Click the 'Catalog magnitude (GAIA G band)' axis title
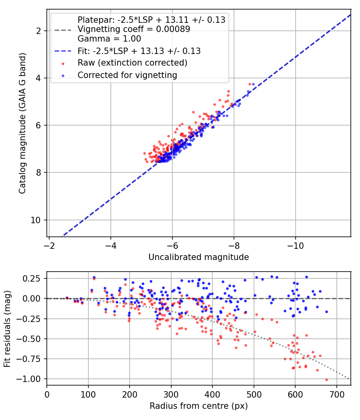tap(22, 123)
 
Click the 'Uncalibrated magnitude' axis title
tap(198, 257)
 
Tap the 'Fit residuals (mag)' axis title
tap(7, 329)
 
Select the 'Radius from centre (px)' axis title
tap(198, 406)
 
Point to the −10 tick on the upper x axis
tap(296, 245)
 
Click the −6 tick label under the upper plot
tap(172, 245)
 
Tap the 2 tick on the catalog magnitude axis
tap(38, 31)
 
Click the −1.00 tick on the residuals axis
tap(30, 379)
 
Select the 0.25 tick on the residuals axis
tap(32, 278)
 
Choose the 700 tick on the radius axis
tap(336, 394)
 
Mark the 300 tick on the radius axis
tap(171, 394)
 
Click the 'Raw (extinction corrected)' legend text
tap(132, 63)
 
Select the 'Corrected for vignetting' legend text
tap(127, 75)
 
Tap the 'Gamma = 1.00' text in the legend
tap(109, 38)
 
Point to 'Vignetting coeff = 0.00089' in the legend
tap(134, 29)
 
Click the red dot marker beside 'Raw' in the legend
tap(63, 64)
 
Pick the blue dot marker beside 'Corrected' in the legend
tap(63, 76)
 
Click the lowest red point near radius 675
tap(326, 380)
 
